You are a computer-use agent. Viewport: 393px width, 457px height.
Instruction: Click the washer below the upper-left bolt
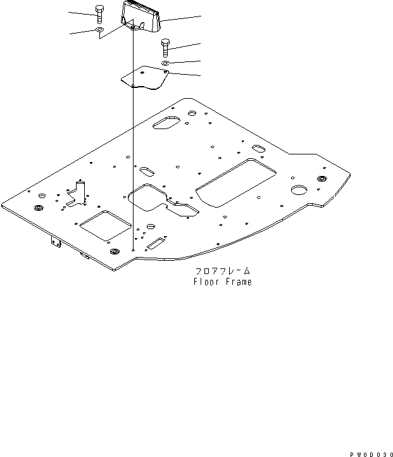point(100,30)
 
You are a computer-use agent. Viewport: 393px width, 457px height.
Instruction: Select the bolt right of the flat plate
point(165,47)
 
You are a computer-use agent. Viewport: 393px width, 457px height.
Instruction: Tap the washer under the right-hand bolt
point(165,64)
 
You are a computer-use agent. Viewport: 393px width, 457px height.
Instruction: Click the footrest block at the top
point(140,16)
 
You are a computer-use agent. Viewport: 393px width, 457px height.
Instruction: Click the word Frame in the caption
point(238,282)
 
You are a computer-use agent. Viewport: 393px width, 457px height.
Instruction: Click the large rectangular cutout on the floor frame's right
point(235,182)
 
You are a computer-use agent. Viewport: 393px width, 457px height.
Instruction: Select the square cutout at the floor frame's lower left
point(104,225)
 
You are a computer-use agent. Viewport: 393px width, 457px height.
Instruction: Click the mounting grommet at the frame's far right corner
point(323,179)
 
